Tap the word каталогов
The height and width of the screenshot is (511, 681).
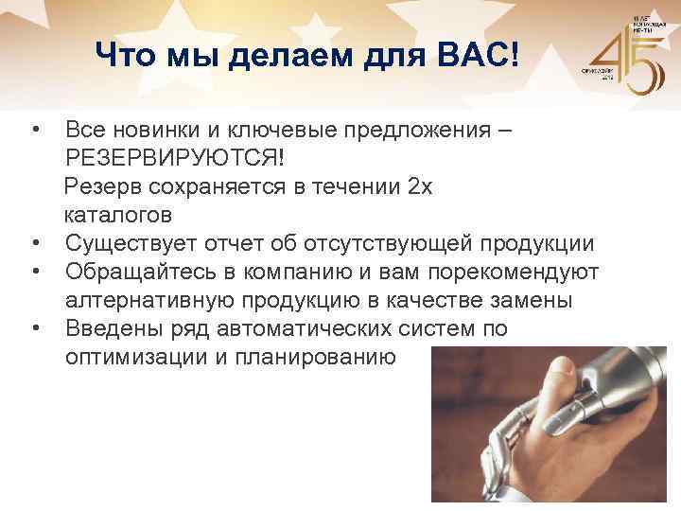coord(118,215)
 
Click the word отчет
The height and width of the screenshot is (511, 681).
coord(254,243)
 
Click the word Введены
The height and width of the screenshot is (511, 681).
coord(113,329)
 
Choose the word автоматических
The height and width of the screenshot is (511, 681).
coord(328,329)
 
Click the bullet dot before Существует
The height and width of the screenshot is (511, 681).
coord(34,244)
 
